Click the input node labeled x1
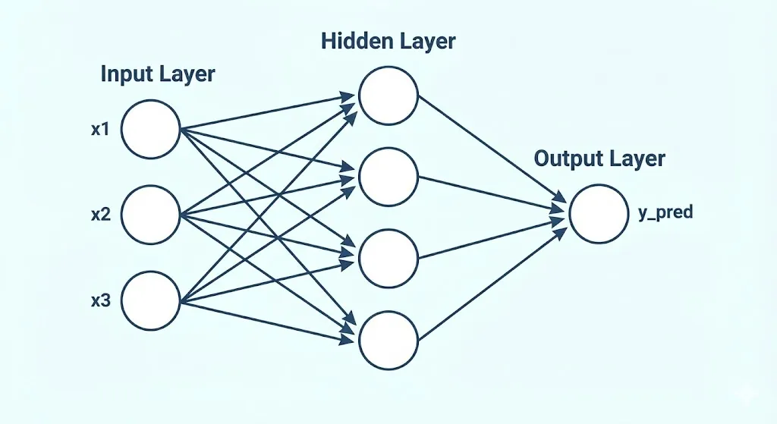pyautogui.click(x=150, y=129)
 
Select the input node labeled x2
pyautogui.click(x=150, y=215)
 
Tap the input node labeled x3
pyautogui.click(x=150, y=300)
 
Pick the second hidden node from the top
pyautogui.click(x=388, y=177)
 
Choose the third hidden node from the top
pyautogui.click(x=388, y=259)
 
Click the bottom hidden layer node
pyautogui.click(x=388, y=341)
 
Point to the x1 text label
pyautogui.click(x=101, y=130)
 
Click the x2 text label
pyautogui.click(x=101, y=215)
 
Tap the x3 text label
pyautogui.click(x=101, y=301)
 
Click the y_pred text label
pyautogui.click(x=665, y=213)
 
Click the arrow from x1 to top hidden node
pyautogui.click(x=266, y=111)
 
